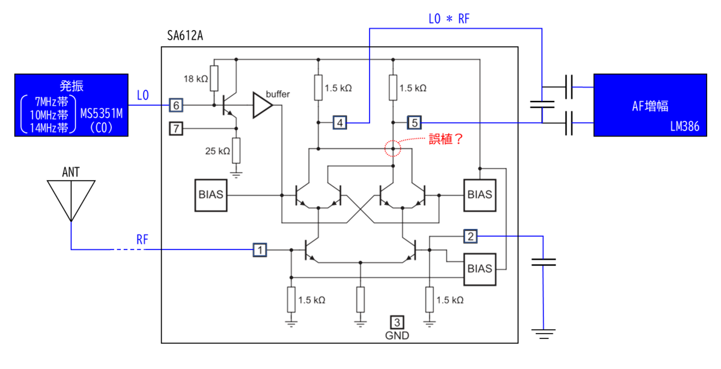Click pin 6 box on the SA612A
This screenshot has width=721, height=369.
176,105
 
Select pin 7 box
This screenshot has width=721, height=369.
176,129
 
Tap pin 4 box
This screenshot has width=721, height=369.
340,123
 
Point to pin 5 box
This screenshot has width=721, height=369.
414,123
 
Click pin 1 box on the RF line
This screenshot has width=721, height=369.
260,250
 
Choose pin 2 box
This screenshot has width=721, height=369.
470,236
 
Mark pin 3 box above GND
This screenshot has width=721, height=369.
397,322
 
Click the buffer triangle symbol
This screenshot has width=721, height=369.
263,105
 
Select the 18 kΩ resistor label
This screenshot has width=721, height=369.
196,79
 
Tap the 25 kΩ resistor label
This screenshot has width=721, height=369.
218,151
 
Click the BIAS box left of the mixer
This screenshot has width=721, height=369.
211,195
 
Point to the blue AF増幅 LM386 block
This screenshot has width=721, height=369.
650,105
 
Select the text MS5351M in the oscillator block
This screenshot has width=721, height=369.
102,114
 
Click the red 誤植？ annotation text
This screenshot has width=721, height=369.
446,139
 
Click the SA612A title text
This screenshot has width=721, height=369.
185,35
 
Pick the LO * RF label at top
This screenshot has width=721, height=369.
449,19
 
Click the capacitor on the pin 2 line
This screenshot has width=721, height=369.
543,262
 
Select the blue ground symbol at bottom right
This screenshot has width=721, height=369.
543,334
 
